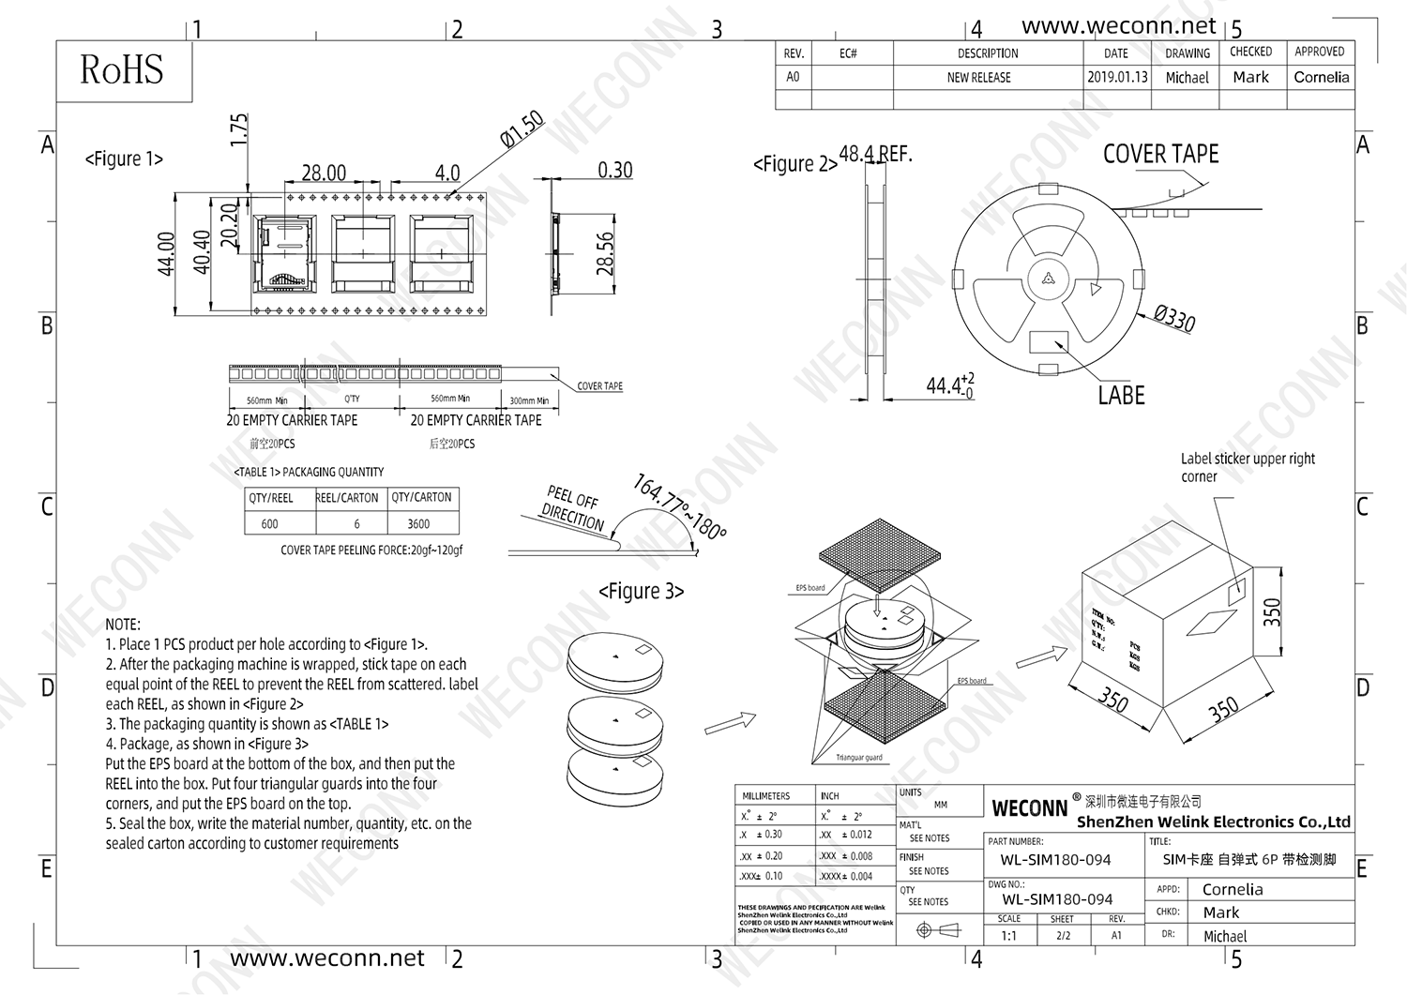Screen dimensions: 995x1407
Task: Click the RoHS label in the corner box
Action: coord(122,70)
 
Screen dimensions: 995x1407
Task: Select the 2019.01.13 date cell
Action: coord(1117,78)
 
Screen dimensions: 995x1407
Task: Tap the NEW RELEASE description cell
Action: coord(978,78)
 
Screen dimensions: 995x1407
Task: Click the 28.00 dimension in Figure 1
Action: coord(324,173)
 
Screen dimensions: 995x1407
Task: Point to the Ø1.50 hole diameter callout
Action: coord(522,128)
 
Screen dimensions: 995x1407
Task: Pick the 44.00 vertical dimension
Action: coord(166,253)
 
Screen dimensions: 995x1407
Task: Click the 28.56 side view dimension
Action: coord(605,253)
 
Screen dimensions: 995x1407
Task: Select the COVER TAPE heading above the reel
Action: coord(1160,155)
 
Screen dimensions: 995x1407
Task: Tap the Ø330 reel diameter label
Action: coord(1173,319)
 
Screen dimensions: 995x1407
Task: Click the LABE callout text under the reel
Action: coord(1121,396)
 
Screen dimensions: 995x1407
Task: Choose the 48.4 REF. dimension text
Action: coord(874,154)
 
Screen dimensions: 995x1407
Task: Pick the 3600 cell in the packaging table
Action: coord(418,524)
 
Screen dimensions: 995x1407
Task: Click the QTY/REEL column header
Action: coord(271,498)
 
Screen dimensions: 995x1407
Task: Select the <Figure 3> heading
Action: coord(642,592)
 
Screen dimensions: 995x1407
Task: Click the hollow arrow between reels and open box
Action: coord(730,722)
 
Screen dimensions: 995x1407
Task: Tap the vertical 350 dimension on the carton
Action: coord(1272,612)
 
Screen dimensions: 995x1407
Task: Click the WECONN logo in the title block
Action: coord(1029,808)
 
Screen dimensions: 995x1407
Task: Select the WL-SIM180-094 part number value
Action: coord(1055,860)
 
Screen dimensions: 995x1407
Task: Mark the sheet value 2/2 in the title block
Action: coord(1063,935)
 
